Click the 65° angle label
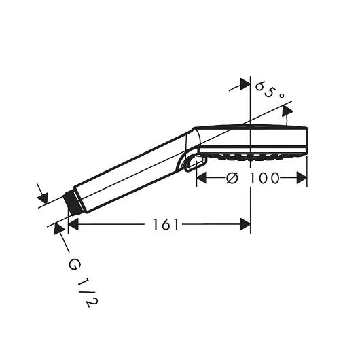click(x=270, y=91)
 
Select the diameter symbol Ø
click(x=232, y=178)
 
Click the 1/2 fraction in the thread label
click(x=86, y=292)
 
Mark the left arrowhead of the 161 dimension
click(x=73, y=224)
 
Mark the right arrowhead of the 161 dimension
click(x=245, y=224)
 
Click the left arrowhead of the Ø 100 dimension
click(x=202, y=178)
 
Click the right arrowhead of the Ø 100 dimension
click(x=303, y=178)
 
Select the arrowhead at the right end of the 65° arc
click(x=287, y=120)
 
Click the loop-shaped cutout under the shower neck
click(x=194, y=163)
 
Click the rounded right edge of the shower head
click(x=307, y=139)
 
